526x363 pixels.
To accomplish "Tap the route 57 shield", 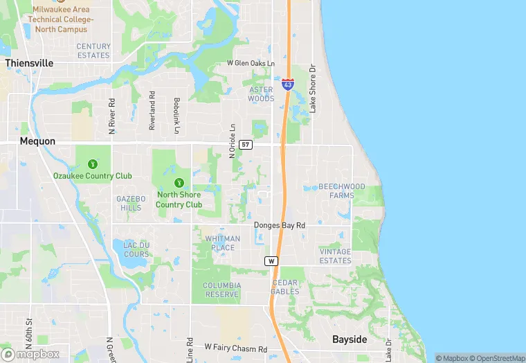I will [x=246, y=145].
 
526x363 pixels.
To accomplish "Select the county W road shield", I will [x=271, y=261].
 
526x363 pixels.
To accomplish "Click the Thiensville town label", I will [x=29, y=62].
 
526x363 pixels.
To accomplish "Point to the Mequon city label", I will [x=37, y=141].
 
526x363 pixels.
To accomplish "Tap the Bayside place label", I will [x=350, y=340].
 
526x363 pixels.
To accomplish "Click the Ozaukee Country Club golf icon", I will [x=93, y=164].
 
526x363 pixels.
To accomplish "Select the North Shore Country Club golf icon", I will [x=179, y=183].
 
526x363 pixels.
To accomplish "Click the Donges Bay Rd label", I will [x=280, y=225].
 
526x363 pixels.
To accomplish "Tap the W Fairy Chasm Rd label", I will [x=235, y=348].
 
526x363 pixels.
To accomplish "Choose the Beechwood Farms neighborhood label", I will [x=341, y=191].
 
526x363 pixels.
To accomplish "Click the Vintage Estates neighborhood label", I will [x=335, y=256].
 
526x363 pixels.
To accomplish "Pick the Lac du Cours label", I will [x=131, y=249].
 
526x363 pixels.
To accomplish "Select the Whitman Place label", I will [x=223, y=243].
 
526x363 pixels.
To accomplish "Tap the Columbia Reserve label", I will [x=221, y=290].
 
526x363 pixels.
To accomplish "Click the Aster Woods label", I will [x=261, y=94].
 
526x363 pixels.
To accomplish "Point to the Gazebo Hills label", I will [x=130, y=203].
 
